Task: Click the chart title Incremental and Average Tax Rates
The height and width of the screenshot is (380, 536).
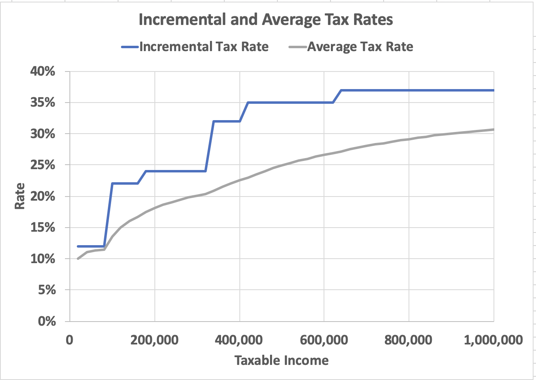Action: [266, 20]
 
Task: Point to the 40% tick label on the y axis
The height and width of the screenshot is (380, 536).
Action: [42, 72]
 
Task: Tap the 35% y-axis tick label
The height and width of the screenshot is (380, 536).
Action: [42, 103]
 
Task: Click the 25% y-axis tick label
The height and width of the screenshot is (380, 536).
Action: [42, 165]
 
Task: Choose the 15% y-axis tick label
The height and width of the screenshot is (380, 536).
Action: [42, 228]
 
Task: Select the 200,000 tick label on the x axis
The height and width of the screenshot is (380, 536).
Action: [154, 340]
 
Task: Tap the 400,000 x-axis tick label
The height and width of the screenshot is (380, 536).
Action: [239, 340]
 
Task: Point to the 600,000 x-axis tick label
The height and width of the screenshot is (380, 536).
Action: [324, 340]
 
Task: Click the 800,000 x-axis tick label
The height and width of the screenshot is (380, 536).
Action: [409, 340]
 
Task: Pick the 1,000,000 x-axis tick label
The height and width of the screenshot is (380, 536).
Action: [493, 340]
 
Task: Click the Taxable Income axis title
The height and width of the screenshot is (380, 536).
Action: [281, 360]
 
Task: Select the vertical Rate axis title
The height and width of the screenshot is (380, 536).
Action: [20, 196]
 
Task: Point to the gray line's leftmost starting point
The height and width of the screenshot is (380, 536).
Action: [78, 259]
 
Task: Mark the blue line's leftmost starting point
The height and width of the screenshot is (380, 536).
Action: [78, 246]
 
